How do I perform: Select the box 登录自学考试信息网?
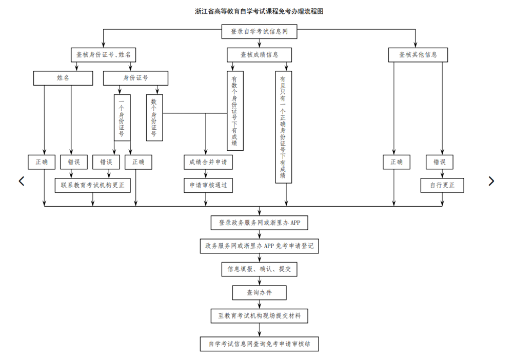point(259,31)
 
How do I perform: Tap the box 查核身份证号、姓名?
point(104,55)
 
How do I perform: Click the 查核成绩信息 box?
point(260,55)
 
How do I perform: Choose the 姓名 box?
point(63,78)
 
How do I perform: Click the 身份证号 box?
point(135,78)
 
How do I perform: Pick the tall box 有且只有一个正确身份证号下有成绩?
point(283,127)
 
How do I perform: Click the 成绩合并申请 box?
point(208,162)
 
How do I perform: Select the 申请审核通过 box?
point(208,185)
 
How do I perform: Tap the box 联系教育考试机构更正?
point(93,185)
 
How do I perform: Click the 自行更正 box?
point(442,185)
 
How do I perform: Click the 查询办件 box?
point(260,292)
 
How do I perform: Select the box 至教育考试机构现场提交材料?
point(260,316)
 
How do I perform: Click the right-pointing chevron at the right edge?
point(491,181)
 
